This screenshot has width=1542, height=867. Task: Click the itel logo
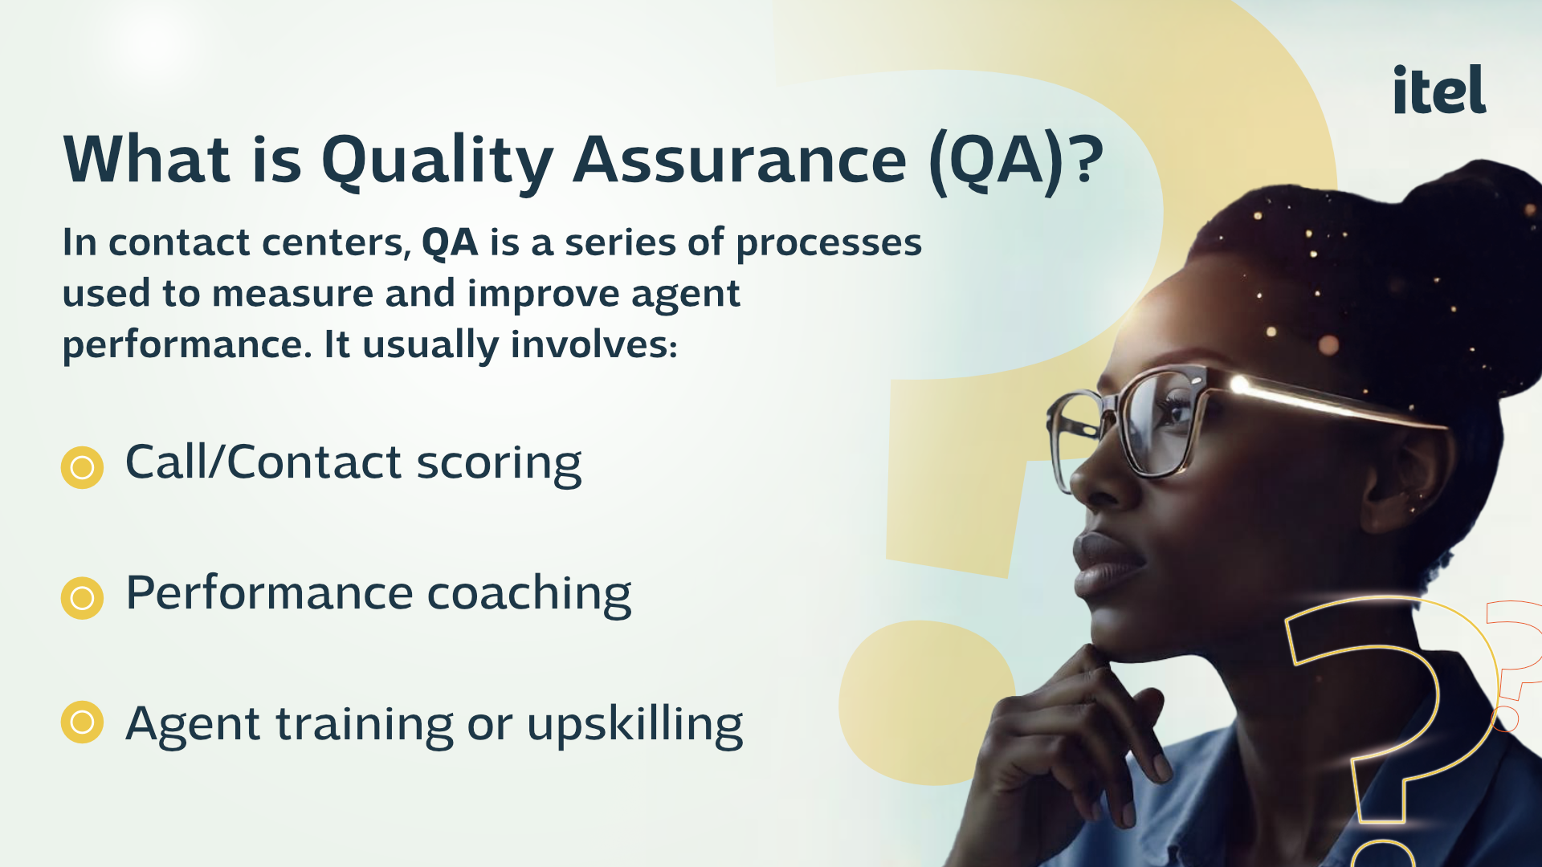pos(1439,89)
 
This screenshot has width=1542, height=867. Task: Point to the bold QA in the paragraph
pos(450,242)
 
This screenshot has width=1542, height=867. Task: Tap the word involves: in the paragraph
pos(594,344)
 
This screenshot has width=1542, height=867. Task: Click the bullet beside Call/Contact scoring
pos(82,467)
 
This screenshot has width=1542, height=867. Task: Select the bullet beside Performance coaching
pos(82,598)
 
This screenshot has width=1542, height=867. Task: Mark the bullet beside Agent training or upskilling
pos(82,722)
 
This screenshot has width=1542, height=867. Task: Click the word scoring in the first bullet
pos(499,465)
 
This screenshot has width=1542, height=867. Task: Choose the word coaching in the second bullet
pos(529,595)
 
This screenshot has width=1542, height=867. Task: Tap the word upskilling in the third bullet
pos(634,725)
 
